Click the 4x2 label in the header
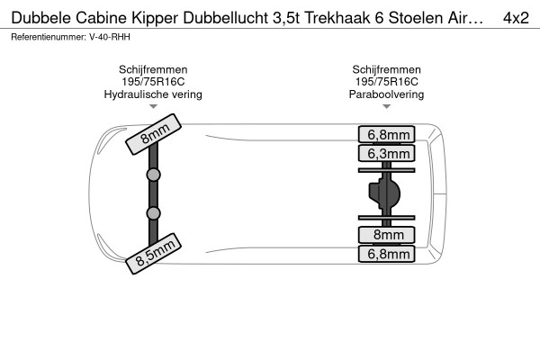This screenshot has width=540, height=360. [516, 18]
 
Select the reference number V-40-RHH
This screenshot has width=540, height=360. [110, 37]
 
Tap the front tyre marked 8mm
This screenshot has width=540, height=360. [153, 134]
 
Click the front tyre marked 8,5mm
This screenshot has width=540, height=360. [153, 254]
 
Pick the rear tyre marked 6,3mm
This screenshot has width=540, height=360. [386, 153]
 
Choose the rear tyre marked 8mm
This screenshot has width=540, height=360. [386, 235]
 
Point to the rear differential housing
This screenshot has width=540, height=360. [384, 193]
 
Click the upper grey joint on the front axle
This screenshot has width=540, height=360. [153, 175]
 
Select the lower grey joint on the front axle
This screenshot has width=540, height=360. [153, 213]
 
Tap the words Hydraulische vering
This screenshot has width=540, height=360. [153, 94]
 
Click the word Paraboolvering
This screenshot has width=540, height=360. [386, 94]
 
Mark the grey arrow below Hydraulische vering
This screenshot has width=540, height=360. [153, 107]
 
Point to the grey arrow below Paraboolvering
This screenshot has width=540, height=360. [386, 107]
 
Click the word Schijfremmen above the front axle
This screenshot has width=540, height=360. [153, 69]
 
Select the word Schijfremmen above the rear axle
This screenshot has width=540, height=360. [386, 69]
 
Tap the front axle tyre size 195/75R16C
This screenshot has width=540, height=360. [153, 82]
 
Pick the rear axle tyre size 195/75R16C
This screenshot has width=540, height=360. [386, 82]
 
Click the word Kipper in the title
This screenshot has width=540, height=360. [155, 19]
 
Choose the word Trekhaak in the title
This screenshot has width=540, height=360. [337, 18]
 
